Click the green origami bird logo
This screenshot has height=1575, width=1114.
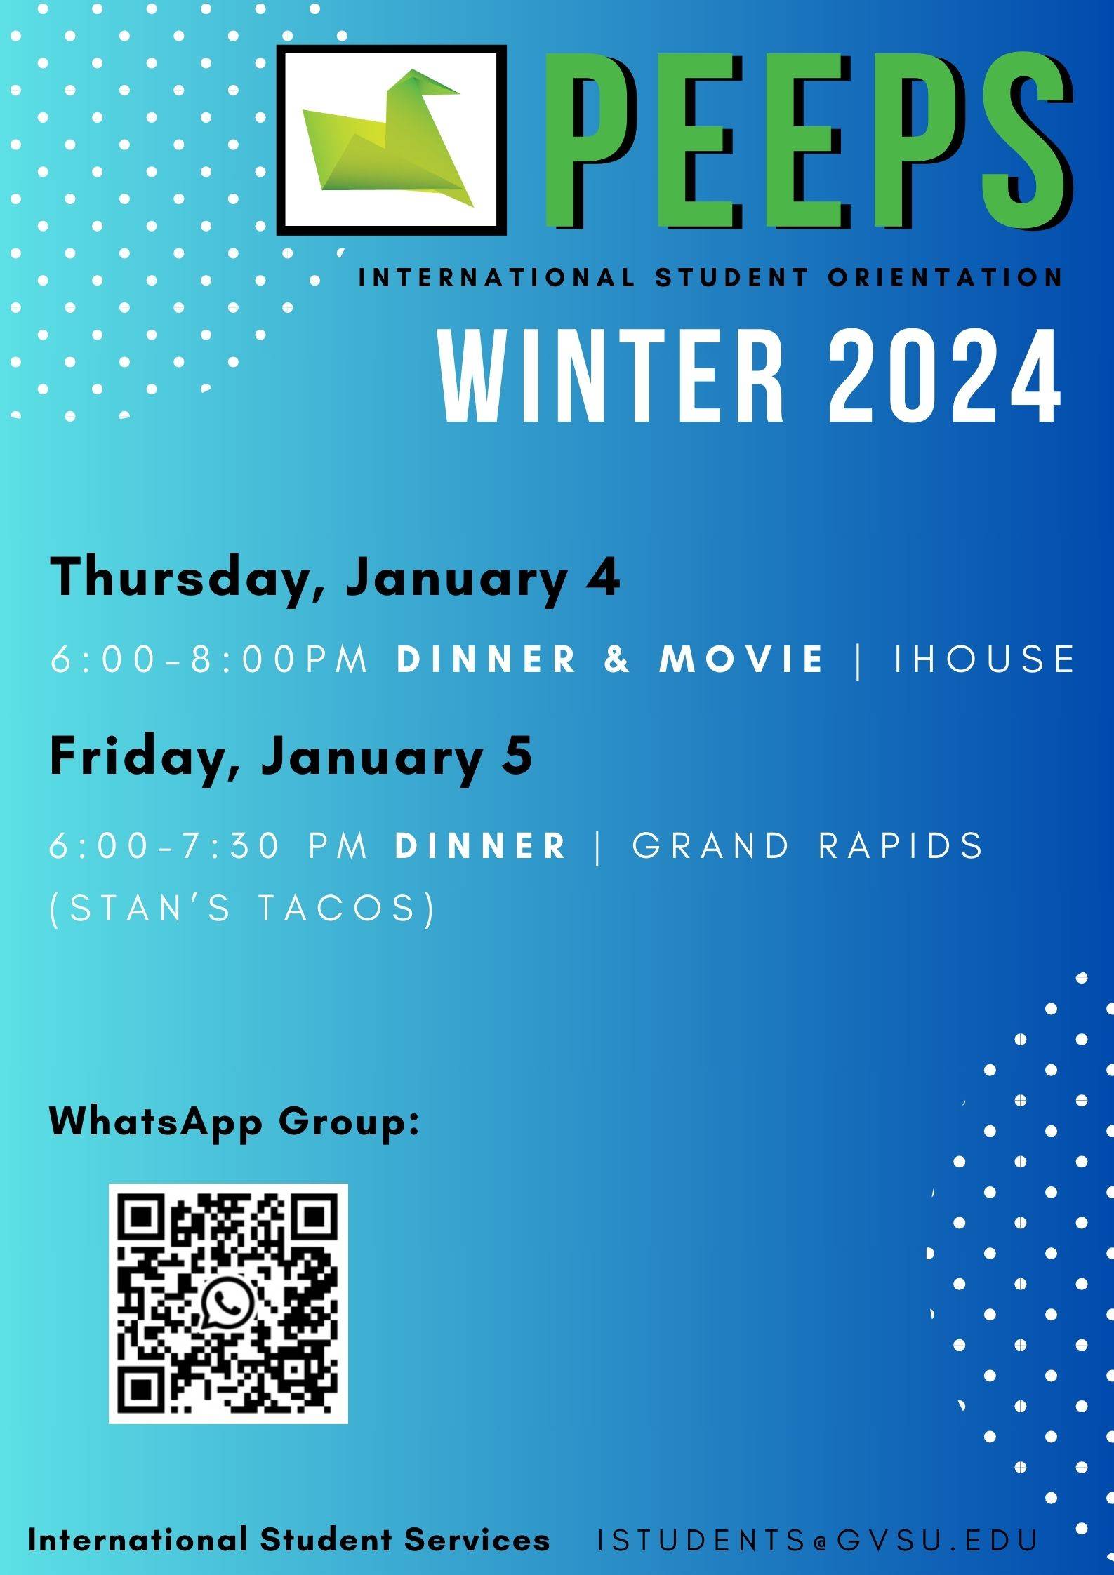click(x=388, y=139)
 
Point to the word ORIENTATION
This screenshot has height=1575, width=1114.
click(x=945, y=278)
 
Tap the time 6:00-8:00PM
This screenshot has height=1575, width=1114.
click(x=209, y=659)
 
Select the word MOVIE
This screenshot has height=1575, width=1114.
click(x=741, y=659)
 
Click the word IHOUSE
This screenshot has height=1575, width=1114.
click(x=983, y=659)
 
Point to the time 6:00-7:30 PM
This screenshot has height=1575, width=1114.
click(x=208, y=845)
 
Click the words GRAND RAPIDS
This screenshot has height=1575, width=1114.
click(x=808, y=845)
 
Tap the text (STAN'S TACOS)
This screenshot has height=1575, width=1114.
click(x=243, y=909)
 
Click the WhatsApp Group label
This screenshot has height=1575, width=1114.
click(x=234, y=1121)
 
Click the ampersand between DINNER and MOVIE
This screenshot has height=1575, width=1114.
click(x=617, y=659)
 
